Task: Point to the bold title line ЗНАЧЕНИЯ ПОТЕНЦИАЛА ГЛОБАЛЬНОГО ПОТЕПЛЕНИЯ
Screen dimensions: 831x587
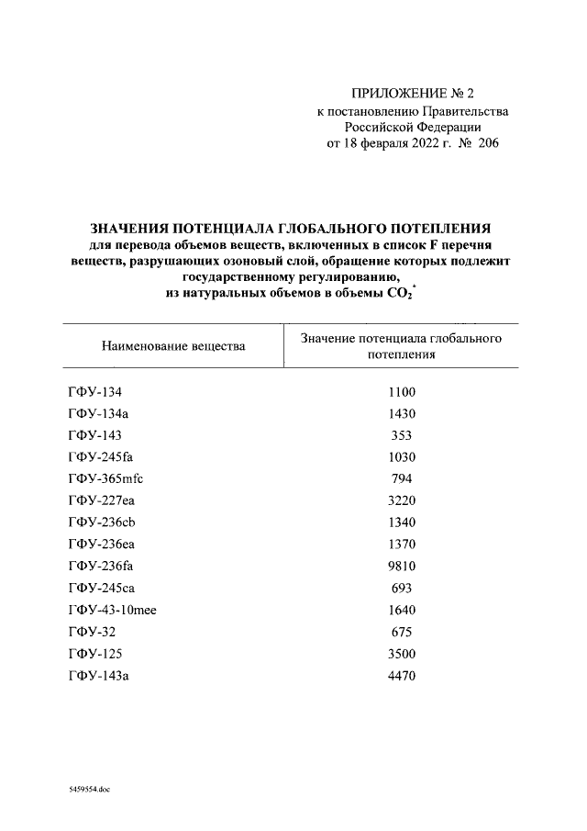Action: pos(292,228)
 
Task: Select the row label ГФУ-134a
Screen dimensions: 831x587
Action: pos(101,413)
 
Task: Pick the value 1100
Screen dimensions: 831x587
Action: pos(401,392)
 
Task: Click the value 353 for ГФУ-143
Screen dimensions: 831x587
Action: pos(401,435)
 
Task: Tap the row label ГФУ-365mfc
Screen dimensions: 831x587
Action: pos(106,478)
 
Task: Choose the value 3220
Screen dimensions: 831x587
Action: pos(401,500)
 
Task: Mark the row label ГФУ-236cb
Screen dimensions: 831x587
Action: pos(103,522)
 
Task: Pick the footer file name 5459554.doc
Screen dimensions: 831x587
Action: pos(89,789)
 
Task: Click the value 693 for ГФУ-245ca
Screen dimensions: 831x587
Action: pos(401,588)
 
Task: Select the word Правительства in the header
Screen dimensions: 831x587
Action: pos(460,110)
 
